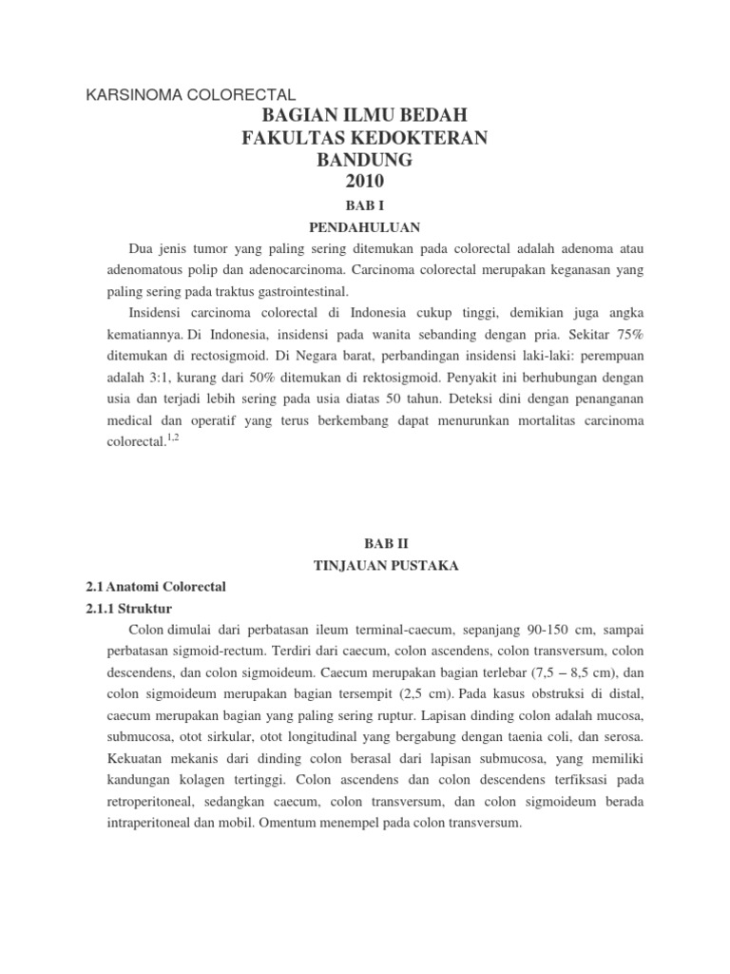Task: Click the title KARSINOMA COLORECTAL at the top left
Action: tap(191, 95)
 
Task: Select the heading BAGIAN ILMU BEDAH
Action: tap(365, 117)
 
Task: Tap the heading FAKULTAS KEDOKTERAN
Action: tap(365, 139)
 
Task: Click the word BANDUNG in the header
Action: tap(365, 160)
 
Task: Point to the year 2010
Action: tap(365, 182)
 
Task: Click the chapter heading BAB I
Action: tap(365, 205)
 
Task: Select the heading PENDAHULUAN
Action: tap(365, 228)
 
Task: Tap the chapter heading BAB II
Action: tap(365, 542)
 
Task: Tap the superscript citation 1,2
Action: tap(172, 438)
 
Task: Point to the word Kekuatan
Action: tap(140, 759)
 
